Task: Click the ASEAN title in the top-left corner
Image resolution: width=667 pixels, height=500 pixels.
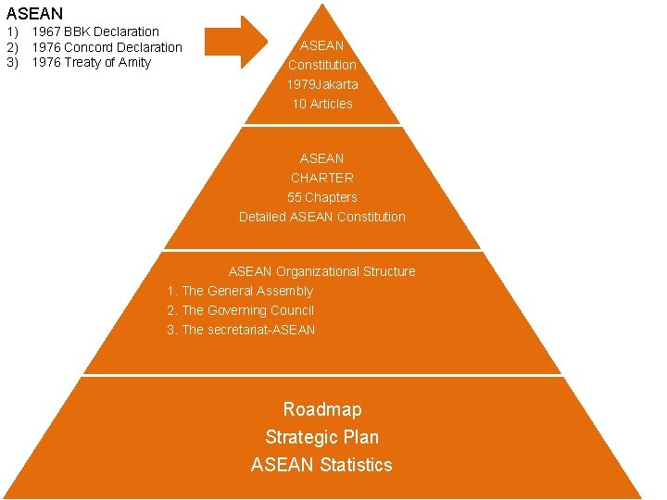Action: (x=35, y=13)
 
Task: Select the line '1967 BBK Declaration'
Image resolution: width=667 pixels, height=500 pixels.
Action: (x=95, y=31)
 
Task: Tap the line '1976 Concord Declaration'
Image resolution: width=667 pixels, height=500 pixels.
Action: (x=107, y=47)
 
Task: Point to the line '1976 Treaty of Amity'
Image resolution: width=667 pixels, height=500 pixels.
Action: (x=91, y=62)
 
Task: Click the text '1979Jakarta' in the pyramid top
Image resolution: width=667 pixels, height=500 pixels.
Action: (x=322, y=84)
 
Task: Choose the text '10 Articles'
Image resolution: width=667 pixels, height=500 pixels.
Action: (x=322, y=104)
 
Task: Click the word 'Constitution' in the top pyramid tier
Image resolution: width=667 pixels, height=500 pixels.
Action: (x=322, y=65)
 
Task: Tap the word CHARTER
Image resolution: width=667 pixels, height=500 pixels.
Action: (x=322, y=178)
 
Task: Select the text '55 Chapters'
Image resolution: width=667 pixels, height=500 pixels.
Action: (x=322, y=197)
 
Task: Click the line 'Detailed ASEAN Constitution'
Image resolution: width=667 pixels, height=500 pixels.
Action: (x=322, y=217)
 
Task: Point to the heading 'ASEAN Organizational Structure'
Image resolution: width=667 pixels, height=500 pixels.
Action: (x=322, y=271)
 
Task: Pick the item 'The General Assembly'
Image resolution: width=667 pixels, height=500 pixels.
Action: (x=247, y=291)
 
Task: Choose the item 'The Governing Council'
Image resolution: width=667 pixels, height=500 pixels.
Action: (x=247, y=310)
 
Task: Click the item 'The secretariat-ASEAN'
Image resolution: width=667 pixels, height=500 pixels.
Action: (x=248, y=330)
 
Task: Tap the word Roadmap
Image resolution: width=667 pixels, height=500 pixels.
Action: (x=322, y=409)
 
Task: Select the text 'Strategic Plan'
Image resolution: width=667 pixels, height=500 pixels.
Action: (x=322, y=437)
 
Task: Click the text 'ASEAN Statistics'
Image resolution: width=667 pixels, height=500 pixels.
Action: (x=322, y=465)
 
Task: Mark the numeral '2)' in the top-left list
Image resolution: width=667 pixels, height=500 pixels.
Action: (x=13, y=47)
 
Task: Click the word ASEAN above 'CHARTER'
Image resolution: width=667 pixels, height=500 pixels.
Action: (x=322, y=158)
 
